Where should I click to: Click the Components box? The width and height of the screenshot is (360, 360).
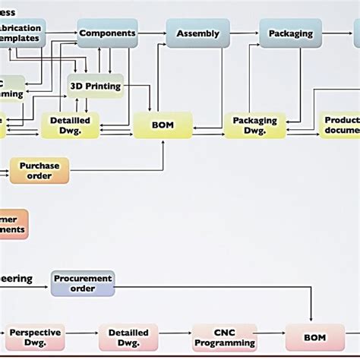point(107,33)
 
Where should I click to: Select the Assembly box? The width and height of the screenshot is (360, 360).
point(197,33)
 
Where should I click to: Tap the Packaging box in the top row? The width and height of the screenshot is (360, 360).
point(290,33)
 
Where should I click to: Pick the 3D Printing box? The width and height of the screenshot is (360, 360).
point(96,87)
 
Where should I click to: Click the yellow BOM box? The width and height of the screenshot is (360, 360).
point(163,125)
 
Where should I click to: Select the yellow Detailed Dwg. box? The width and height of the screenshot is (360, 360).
point(71,125)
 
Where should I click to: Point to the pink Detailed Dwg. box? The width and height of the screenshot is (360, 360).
point(128,336)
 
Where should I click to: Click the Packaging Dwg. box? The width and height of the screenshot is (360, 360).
point(254,125)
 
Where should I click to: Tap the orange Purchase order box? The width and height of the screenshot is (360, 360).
point(39,170)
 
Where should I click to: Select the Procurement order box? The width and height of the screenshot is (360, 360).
point(83,283)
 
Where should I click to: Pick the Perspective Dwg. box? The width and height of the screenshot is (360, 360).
point(35,336)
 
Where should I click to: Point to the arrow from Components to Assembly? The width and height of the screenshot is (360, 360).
point(152,33)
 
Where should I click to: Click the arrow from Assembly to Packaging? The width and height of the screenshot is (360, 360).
point(243,33)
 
